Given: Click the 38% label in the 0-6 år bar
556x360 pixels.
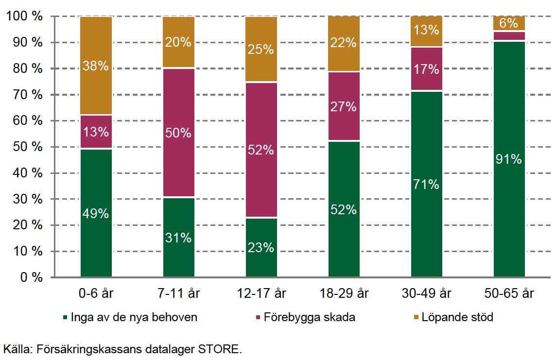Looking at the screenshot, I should coord(96,66).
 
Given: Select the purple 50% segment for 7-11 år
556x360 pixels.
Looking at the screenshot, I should coord(178,132).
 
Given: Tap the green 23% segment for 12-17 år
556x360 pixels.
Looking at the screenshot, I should coord(261,247).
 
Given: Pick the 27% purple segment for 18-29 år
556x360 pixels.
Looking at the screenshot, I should coord(344,106).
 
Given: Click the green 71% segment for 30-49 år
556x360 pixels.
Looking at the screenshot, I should coord(426,184).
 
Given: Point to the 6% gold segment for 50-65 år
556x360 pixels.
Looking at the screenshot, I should coord(509,23).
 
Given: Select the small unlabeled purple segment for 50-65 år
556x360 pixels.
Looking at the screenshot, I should coord(509,36).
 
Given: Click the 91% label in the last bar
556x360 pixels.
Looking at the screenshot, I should coord(509,159).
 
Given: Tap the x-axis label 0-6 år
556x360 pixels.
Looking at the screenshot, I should coord(96,293).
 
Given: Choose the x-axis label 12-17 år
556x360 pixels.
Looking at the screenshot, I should coord(261,293).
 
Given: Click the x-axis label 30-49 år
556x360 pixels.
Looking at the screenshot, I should coord(426,293).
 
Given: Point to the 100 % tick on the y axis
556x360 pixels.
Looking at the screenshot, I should coord(24,17).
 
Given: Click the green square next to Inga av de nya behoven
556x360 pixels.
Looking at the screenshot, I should coord(64,318).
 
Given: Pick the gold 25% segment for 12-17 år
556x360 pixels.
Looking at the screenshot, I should coord(261,50).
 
